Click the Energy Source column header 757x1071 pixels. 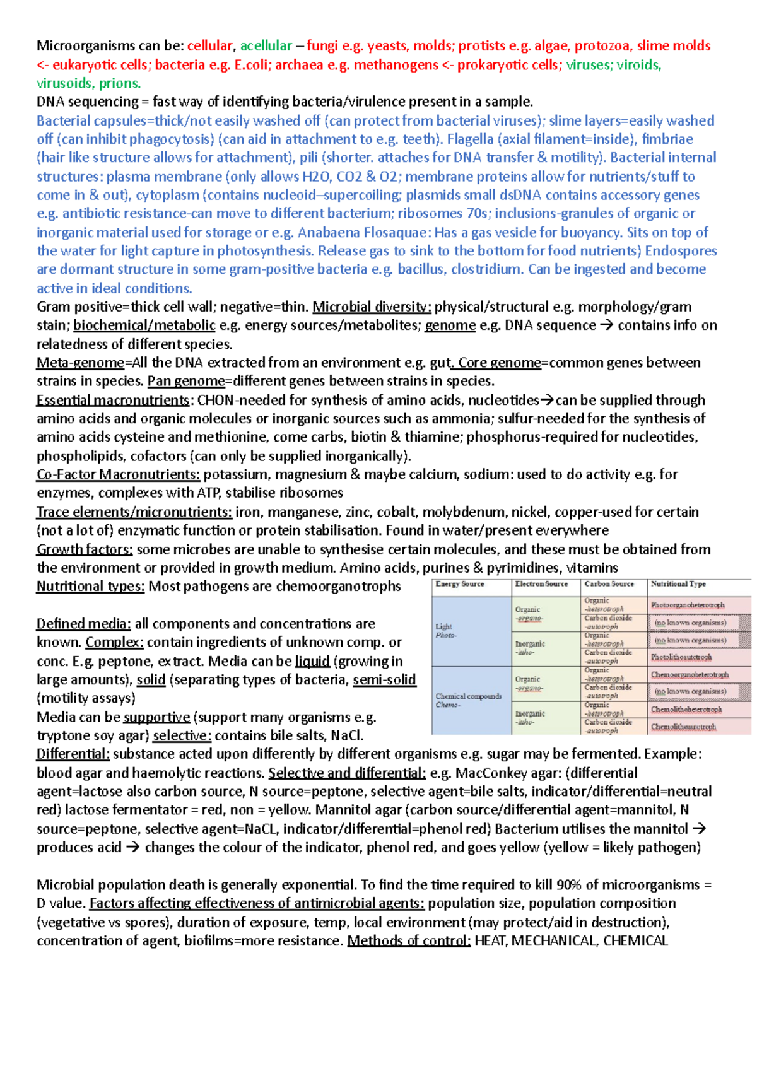(x=460, y=584)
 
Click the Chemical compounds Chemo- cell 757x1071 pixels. (x=469, y=700)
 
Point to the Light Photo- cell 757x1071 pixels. (x=446, y=631)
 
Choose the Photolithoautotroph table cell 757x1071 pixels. (x=681, y=657)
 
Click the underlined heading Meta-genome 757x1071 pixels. (x=80, y=363)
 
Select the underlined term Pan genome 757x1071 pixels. (x=185, y=381)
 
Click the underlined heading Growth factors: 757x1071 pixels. (x=85, y=549)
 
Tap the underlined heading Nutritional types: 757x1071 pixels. (x=90, y=586)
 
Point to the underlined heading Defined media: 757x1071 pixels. (x=83, y=624)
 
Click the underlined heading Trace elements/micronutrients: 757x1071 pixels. (x=134, y=512)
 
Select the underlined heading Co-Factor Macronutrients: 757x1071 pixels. (x=118, y=474)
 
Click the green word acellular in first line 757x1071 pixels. (x=266, y=45)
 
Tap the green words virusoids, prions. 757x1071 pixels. (x=88, y=83)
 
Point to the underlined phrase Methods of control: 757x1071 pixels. (x=409, y=941)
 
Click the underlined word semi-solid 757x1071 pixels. (x=384, y=680)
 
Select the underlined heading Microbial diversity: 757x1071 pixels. (x=372, y=307)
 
